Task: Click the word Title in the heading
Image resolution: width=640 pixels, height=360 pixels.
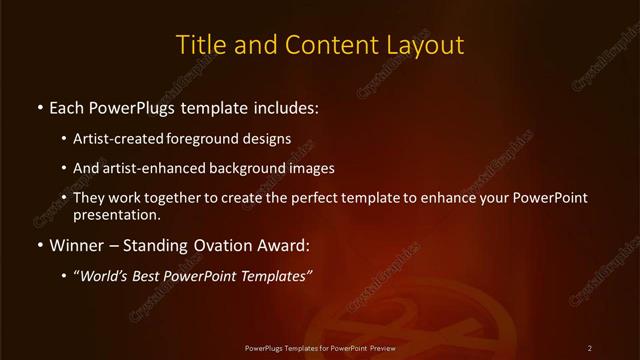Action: tap(198, 45)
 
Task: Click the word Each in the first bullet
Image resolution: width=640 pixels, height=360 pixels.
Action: tap(67, 106)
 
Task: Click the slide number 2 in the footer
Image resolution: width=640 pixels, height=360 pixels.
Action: tap(590, 348)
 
